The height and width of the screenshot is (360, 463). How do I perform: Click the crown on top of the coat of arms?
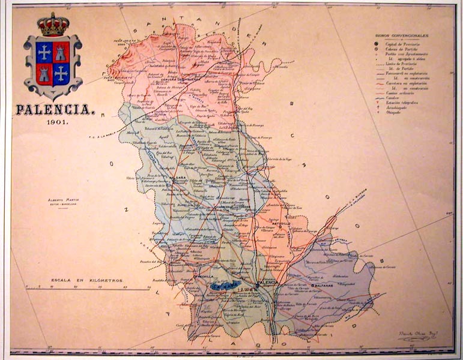[53, 25]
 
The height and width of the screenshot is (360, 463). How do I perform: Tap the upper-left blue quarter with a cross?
[44, 52]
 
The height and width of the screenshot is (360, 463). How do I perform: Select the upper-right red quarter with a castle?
[61, 52]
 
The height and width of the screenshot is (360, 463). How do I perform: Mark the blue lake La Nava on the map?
[226, 286]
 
